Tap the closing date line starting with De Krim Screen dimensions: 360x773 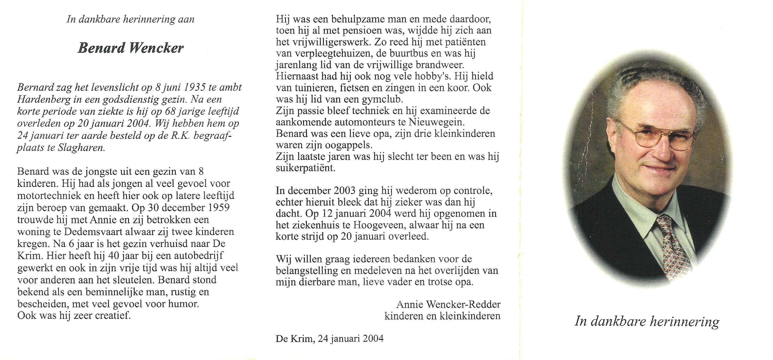(x=329, y=339)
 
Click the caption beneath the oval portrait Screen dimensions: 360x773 (x=646, y=322)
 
